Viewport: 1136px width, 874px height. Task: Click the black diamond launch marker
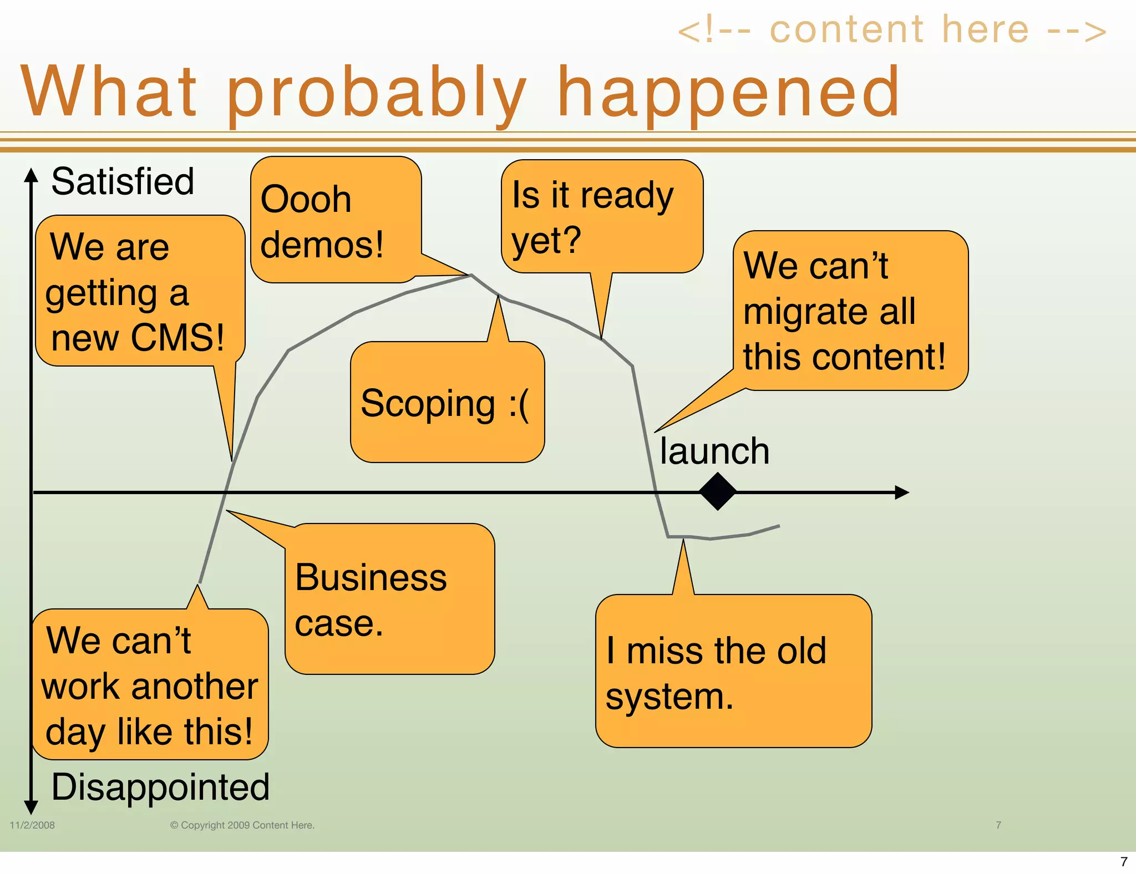(x=717, y=491)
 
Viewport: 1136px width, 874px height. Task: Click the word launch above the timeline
(x=714, y=451)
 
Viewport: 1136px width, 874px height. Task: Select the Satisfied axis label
(x=123, y=181)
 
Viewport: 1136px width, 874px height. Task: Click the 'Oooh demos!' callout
(x=335, y=221)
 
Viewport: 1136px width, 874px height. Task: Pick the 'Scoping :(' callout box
(x=447, y=403)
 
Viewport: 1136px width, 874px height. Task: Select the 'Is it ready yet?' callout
(x=602, y=217)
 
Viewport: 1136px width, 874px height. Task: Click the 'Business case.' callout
(x=389, y=599)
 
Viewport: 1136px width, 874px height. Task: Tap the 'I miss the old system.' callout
(x=733, y=672)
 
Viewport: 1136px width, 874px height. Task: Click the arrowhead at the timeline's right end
(x=902, y=492)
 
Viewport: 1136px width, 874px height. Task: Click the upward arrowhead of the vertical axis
(x=31, y=175)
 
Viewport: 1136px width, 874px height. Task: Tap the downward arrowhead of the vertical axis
(x=31, y=807)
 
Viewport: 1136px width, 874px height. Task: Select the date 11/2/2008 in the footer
(x=32, y=825)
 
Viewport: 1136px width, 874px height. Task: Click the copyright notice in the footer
(x=242, y=825)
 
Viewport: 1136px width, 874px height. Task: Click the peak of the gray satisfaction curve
(x=471, y=276)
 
